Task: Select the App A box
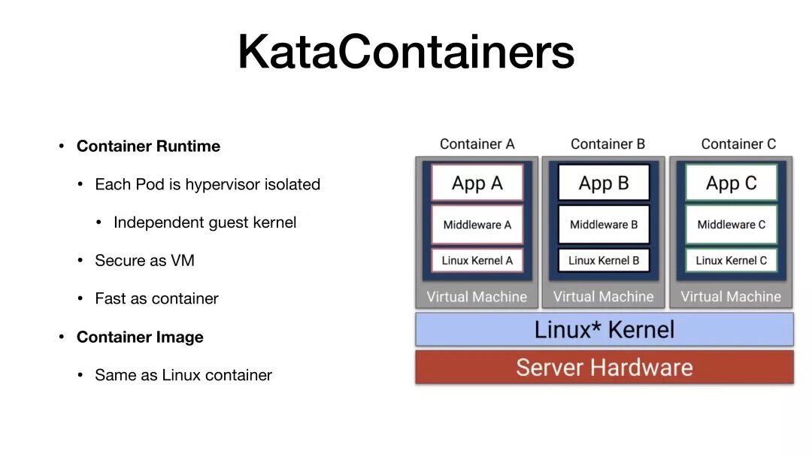click(477, 183)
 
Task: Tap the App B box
click(604, 183)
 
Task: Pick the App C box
click(731, 183)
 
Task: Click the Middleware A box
click(477, 224)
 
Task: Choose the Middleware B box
click(604, 224)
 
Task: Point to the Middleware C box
click(731, 224)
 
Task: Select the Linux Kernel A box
click(477, 260)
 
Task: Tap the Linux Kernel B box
click(604, 260)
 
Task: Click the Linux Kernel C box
click(731, 260)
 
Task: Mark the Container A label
click(477, 144)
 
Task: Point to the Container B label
click(607, 144)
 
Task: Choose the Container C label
click(738, 144)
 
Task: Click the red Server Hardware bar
click(604, 368)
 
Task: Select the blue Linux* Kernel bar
click(604, 329)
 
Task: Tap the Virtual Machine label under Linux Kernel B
click(604, 297)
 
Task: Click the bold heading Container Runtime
click(148, 147)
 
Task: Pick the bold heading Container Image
click(140, 337)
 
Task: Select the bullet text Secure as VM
click(144, 261)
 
